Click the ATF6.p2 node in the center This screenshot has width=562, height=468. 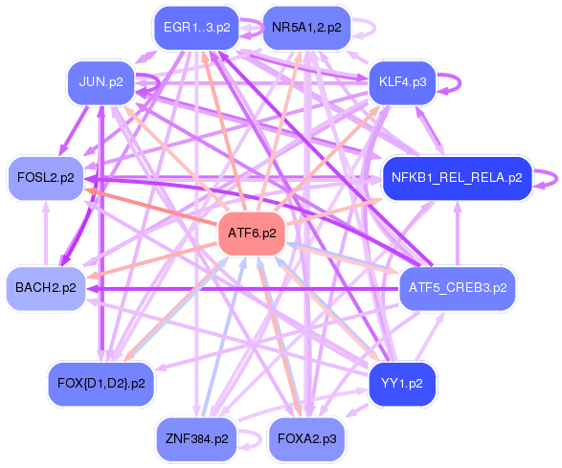click(253, 233)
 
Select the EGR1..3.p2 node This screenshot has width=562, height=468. click(196, 28)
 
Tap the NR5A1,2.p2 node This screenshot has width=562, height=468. click(305, 28)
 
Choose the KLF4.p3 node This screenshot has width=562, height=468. click(402, 81)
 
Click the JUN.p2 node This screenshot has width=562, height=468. click(101, 81)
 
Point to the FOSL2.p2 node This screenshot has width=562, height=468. click(45, 178)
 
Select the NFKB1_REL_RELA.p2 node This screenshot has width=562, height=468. click(457, 178)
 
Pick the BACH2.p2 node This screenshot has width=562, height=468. click(45, 286)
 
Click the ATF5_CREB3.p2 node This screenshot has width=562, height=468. click(457, 286)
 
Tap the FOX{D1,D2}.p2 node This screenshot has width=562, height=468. click(101, 383)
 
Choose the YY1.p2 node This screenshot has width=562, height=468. click(402, 383)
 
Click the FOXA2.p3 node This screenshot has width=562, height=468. click(305, 439)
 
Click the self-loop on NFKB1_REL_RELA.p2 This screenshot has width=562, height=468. click(550, 178)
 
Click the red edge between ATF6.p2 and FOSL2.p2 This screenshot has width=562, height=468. click(153, 207)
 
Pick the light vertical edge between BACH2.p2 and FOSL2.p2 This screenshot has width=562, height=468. click(45, 233)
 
